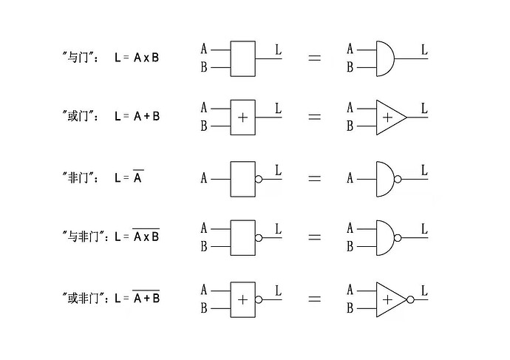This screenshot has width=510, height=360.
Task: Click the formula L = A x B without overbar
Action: click(136, 57)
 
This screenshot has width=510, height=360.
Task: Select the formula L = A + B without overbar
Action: click(137, 116)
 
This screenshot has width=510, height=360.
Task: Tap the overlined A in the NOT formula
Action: click(138, 177)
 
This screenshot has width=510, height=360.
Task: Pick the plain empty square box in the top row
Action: click(243, 58)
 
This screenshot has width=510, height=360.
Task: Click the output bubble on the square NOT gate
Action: click(259, 179)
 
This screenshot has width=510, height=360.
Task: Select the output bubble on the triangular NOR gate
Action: click(411, 299)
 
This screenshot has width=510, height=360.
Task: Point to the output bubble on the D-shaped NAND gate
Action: click(398, 238)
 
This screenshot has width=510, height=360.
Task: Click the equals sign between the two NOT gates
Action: click(314, 179)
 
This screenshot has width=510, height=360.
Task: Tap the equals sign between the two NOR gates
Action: click(314, 299)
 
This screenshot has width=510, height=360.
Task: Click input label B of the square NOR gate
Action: click(204, 308)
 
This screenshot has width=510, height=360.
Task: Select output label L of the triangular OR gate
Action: click(424, 109)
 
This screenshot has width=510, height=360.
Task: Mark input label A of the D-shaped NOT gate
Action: click(350, 179)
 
